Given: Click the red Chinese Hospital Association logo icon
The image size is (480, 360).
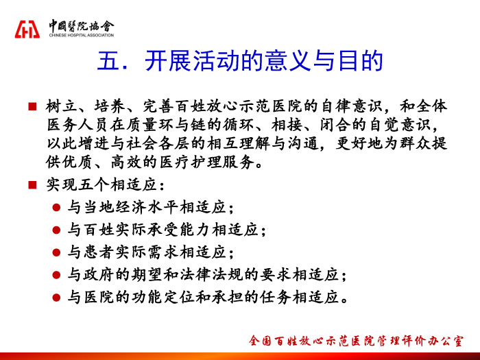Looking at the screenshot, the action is pos(27,29).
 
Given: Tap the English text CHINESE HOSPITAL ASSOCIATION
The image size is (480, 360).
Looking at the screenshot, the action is pos(82,35).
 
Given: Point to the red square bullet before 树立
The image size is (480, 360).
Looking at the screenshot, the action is pos(32,106).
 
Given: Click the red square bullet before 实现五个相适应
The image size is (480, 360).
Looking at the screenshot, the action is pos(32,184).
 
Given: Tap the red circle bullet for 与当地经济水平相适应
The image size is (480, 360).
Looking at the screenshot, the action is pos(56,208).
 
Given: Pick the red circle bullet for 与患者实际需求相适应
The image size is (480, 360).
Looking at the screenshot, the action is pos(56,252).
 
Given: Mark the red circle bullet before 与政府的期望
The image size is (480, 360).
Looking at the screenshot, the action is pos(56,275).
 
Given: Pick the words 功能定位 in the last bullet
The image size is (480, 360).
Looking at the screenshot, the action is pos(163,297).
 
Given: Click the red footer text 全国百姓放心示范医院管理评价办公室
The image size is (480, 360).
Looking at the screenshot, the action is pos(356,341).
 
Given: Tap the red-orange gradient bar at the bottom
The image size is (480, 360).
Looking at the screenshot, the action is pos(240,357).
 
